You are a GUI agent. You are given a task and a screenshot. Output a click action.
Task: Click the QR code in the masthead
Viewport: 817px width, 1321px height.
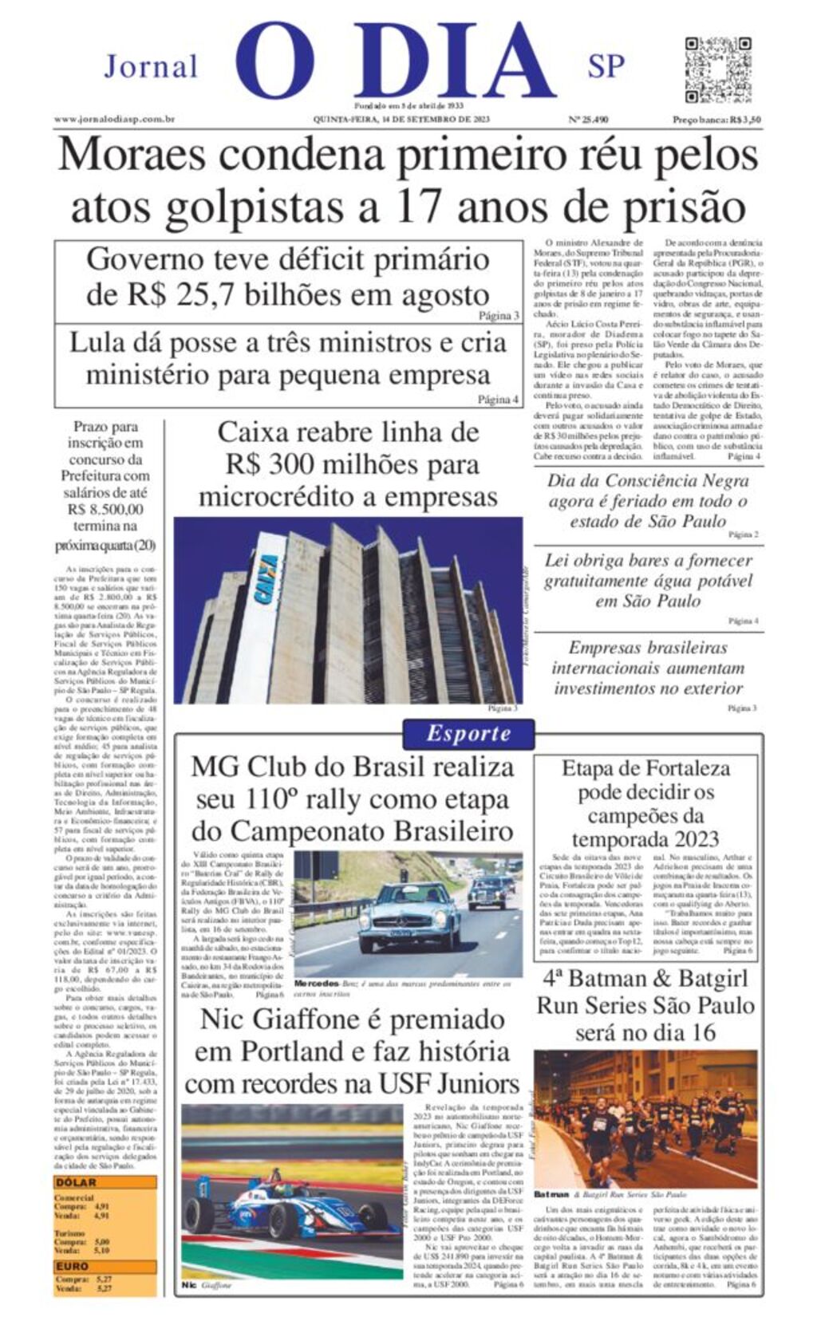717,69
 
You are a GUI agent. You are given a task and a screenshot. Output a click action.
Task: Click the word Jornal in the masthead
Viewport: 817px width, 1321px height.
151,66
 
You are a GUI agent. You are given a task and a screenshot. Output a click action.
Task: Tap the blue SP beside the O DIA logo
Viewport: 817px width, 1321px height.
606,67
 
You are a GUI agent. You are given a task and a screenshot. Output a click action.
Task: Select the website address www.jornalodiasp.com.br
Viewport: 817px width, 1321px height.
114,120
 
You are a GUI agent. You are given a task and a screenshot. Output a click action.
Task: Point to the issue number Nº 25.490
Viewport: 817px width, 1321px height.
588,120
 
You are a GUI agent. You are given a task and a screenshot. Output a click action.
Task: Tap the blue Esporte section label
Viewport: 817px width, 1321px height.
468,733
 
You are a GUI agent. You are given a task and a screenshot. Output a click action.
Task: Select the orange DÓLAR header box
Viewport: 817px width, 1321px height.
105,1182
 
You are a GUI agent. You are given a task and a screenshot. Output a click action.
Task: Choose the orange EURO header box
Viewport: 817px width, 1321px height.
105,1266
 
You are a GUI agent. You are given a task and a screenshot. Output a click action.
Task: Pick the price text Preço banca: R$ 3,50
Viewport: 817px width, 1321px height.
716,120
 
